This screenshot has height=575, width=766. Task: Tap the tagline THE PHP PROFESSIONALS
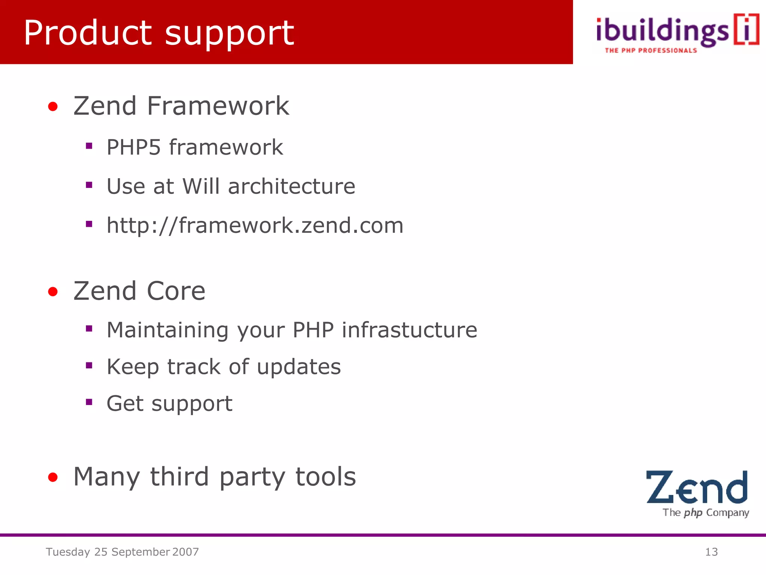[x=651, y=51]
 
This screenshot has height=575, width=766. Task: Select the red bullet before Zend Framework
[x=53, y=107]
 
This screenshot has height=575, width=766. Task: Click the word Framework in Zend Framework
[x=218, y=106]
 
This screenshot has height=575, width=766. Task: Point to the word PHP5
[x=134, y=147]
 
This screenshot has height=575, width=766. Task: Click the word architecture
[x=291, y=186]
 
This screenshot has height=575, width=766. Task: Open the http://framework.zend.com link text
[x=255, y=225]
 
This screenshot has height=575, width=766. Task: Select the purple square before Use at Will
[x=89, y=185]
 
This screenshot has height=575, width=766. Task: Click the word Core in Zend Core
[x=176, y=291]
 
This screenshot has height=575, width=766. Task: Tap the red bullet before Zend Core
[x=53, y=292]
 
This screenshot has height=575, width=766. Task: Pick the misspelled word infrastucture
[x=409, y=330]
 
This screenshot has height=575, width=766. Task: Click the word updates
[x=299, y=366]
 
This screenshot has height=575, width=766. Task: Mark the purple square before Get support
[x=89, y=402]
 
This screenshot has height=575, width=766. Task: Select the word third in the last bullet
[x=179, y=477]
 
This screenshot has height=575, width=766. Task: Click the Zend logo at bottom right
[x=696, y=487]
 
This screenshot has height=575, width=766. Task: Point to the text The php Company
[x=705, y=512]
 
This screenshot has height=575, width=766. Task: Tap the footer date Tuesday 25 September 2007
[x=122, y=552]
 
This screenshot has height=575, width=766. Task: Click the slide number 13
[x=711, y=552]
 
